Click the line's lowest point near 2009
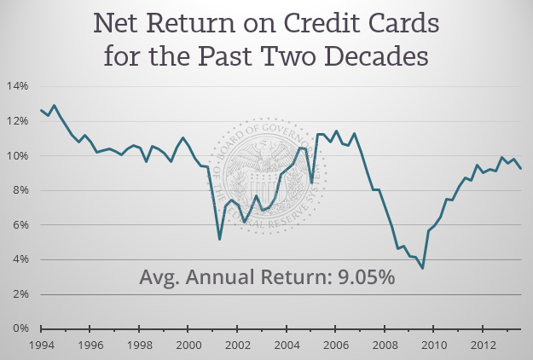(422, 268)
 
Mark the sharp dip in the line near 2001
(219, 239)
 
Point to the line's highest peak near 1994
(54, 106)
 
